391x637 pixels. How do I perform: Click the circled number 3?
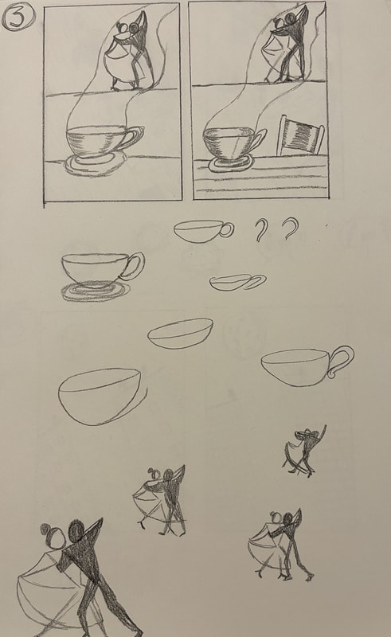18,18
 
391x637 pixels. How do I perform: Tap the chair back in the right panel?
301,135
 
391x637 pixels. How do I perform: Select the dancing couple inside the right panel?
287,45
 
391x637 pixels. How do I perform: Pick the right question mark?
290,229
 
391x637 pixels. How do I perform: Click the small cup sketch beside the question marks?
204,231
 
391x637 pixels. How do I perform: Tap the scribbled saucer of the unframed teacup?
96,291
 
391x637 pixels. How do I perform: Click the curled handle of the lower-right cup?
342,361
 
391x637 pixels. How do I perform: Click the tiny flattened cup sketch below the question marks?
238,283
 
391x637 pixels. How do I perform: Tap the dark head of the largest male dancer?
76,530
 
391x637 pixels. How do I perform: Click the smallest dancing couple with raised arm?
305,451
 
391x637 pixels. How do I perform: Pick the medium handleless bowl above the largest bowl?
181,334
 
